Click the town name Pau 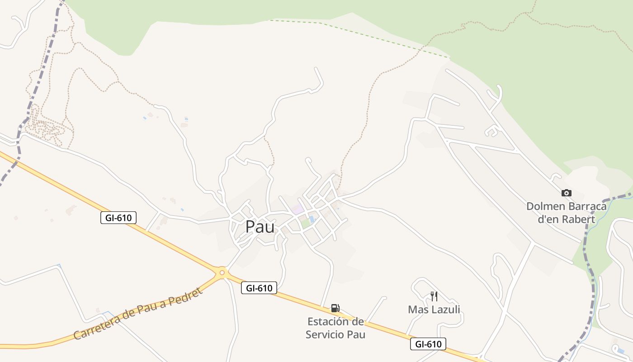point(260,227)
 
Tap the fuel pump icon point(335,308)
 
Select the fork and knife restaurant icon point(434,296)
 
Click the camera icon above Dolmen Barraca point(566,193)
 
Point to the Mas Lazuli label point(434,310)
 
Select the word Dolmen point(546,206)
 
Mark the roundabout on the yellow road point(222,272)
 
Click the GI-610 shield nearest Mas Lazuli point(428,344)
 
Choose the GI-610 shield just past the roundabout point(259,288)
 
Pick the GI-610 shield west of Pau point(118,218)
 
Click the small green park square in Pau point(306,224)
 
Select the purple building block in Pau point(298,210)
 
